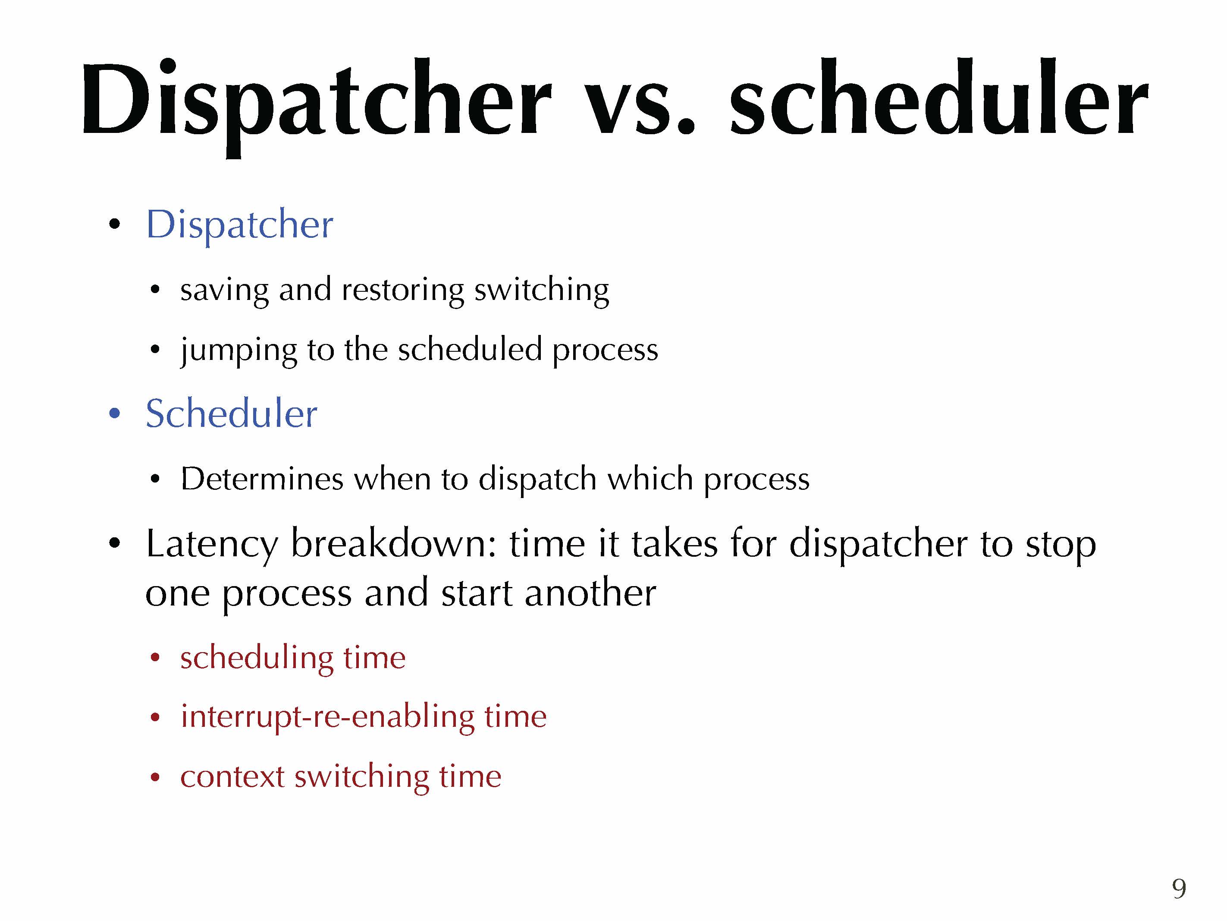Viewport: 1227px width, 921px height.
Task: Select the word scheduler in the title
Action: click(x=939, y=97)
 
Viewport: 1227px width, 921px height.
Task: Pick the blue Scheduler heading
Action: click(x=231, y=413)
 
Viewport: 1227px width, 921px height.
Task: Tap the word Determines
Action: click(x=262, y=479)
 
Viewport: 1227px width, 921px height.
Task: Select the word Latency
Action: click(x=211, y=544)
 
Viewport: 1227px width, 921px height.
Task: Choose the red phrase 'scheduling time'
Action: click(x=293, y=658)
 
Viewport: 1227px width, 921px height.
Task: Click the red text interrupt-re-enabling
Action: click(x=328, y=716)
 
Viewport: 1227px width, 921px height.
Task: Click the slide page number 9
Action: click(x=1179, y=888)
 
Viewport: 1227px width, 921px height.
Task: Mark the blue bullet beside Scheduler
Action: click(x=114, y=413)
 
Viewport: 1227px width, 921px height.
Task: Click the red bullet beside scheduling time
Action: click(x=155, y=658)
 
